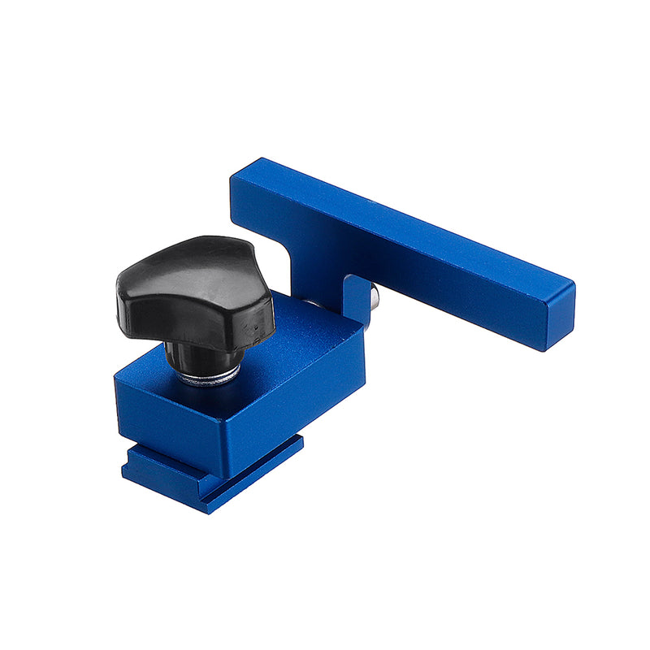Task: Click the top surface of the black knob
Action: pos(191,264)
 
